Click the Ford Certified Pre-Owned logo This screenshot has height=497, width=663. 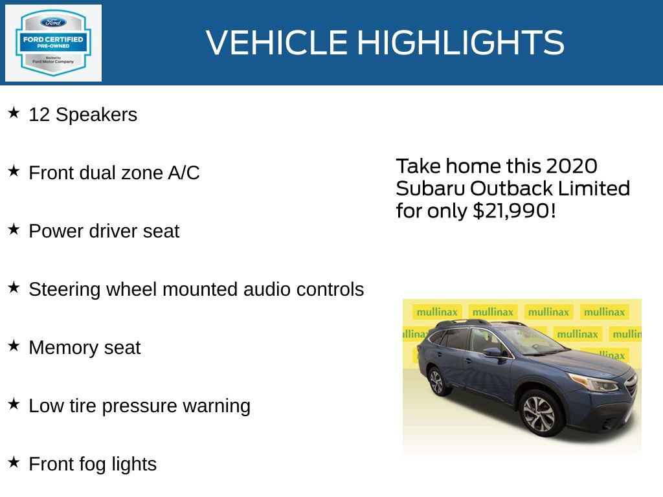click(x=53, y=43)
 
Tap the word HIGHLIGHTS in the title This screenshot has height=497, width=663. click(x=460, y=43)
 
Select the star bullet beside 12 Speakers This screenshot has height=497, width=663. click(x=14, y=113)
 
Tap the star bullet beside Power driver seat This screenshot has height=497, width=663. click(x=14, y=230)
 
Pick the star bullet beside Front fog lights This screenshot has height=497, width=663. click(x=14, y=463)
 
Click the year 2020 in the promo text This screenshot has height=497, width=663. click(x=570, y=166)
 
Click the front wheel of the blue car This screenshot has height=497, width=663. click(x=539, y=414)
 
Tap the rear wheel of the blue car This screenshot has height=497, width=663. click(x=437, y=381)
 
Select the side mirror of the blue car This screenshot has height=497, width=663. click(x=493, y=352)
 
